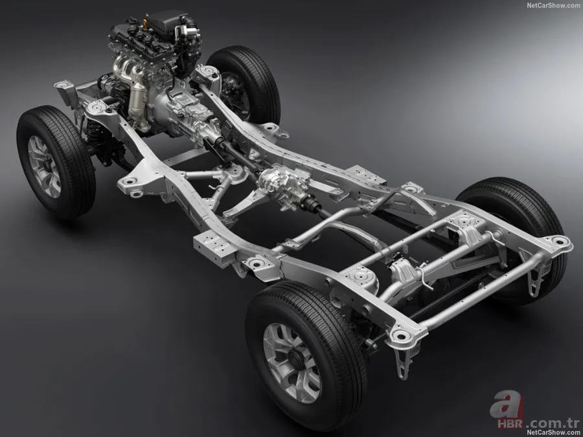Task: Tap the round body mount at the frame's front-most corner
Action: [x=63, y=85]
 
